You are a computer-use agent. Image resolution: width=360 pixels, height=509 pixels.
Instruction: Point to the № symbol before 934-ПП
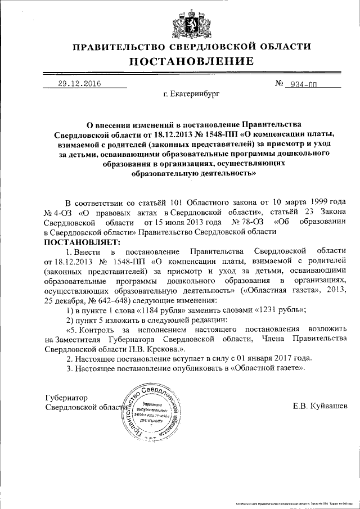[278, 84]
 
